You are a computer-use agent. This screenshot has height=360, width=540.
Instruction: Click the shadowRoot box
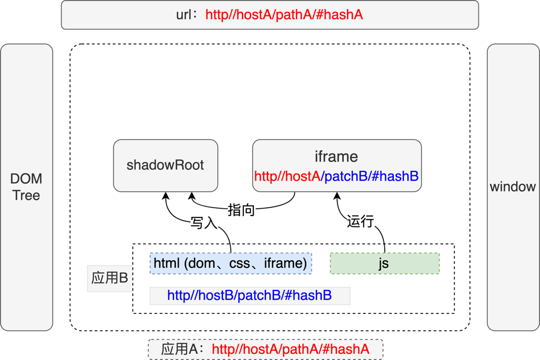point(165,165)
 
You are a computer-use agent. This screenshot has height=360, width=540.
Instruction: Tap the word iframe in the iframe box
point(336,157)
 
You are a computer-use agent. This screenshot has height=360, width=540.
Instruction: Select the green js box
point(384,263)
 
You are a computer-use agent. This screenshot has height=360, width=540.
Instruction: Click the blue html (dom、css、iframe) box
point(231,263)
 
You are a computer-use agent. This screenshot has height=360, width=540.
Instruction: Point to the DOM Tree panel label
point(27,187)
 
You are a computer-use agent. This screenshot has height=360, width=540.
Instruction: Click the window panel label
point(513,186)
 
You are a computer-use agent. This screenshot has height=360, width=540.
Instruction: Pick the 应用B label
point(109,278)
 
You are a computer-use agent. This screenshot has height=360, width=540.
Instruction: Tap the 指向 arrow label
point(241,210)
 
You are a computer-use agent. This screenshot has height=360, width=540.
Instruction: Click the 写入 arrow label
point(204,223)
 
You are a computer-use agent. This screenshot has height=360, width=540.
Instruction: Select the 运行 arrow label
point(361,221)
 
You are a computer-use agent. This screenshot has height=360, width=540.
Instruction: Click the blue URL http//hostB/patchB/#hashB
point(250,295)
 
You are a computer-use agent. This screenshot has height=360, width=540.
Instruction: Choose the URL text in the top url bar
point(284,15)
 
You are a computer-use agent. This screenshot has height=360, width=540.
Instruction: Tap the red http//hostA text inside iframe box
point(287,176)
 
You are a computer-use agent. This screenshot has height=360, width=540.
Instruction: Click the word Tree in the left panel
point(27,195)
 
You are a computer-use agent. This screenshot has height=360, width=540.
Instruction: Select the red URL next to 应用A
point(290,349)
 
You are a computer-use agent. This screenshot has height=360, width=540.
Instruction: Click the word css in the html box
point(240,263)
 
